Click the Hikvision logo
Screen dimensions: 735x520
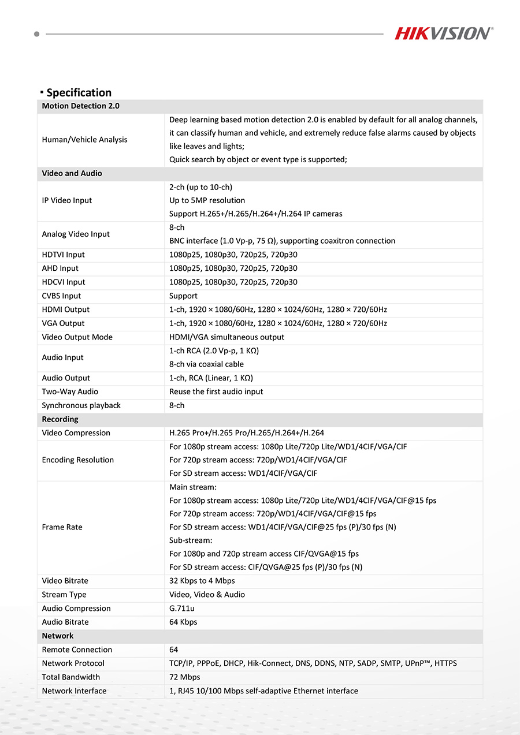[444, 33]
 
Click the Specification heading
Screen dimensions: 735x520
[79, 92]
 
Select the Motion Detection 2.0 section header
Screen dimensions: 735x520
[80, 106]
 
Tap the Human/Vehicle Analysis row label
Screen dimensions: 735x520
[84, 140]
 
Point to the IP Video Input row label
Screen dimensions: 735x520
[66, 200]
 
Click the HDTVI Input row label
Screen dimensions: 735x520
[63, 255]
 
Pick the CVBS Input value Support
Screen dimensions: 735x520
[183, 296]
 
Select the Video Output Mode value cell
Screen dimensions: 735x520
[226, 337]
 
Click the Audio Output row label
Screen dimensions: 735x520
[66, 378]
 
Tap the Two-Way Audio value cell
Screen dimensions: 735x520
[216, 392]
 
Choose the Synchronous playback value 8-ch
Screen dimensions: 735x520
[177, 406]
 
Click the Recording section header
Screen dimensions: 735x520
[60, 420]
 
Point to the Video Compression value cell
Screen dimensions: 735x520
[247, 433]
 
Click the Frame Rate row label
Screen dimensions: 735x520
[62, 527]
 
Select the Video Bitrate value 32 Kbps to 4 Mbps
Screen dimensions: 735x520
[202, 581]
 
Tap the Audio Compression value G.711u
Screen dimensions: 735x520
[182, 609]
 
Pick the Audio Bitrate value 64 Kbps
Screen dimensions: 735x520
[183, 622]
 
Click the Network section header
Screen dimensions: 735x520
[58, 636]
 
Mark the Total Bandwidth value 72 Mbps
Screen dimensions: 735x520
[184, 677]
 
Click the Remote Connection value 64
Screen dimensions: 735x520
[174, 650]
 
